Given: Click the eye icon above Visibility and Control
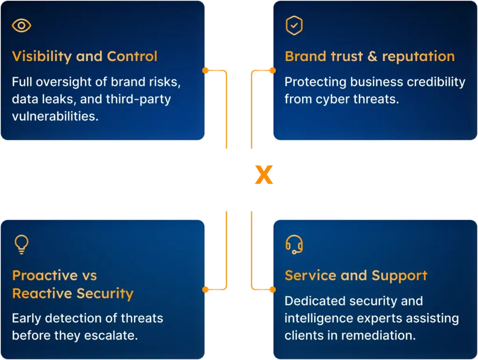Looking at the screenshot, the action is coord(21,25).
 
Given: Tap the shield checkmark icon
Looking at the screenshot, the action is coord(294,25).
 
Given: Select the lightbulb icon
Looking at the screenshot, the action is coord(21,244).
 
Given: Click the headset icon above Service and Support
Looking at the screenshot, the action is coord(294,244).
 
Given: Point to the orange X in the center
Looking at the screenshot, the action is coord(264,175).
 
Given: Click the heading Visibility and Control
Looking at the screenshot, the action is coord(85,56).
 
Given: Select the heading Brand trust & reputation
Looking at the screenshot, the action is coord(370,56).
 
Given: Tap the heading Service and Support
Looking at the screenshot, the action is coord(356,276).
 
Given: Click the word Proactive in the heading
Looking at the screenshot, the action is coord(45,275).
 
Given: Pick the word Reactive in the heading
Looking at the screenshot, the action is coord(42,293).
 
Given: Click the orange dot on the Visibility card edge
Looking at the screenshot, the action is coord(205,71).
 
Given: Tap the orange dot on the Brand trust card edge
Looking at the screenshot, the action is coord(273,71).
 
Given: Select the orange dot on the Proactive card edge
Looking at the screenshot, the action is coord(205,289).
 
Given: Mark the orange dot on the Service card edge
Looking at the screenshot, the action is coord(273,289).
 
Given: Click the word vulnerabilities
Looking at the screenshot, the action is coord(55,116).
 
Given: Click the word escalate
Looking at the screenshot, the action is coord(111,336).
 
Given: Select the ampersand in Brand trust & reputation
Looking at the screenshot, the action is coord(372,56).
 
